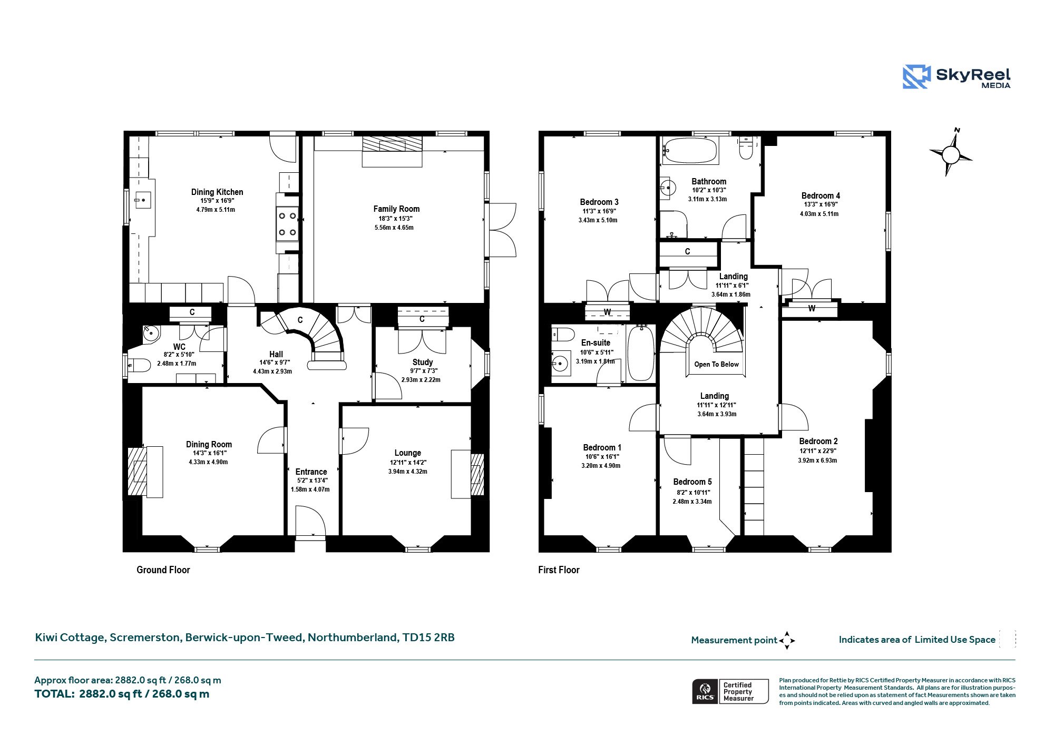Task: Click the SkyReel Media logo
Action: coord(957,77)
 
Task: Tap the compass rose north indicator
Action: coord(951,153)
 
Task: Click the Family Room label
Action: coord(396,209)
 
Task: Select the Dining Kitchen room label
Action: coord(217,192)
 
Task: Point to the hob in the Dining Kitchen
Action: coord(288,224)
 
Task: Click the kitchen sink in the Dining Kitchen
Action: coord(143,200)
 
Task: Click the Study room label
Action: coord(423,362)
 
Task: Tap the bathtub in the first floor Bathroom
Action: coord(690,151)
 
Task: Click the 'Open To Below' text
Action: coord(717,364)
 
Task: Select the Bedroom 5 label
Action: coord(692,482)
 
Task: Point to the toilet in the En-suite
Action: coord(563,334)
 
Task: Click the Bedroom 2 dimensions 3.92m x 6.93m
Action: coord(817,460)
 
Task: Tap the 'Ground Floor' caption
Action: coord(163,570)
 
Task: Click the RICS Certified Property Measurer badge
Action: coord(730,691)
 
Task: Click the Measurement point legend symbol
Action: coord(787,640)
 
